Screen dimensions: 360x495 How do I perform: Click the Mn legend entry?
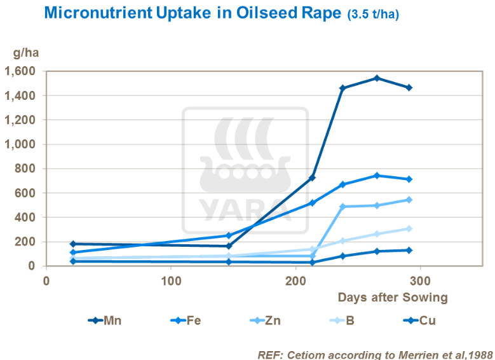coord(105,321)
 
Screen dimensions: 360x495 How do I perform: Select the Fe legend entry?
coord(185,321)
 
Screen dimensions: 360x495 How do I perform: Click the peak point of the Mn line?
coord(377,78)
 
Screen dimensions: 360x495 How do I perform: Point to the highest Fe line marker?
coord(377,176)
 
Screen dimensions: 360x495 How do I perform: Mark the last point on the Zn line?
coord(409,200)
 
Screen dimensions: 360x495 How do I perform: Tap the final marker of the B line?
coord(409,228)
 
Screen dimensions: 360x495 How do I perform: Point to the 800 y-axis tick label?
coord(28,169)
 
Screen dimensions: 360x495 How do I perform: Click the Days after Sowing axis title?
coord(393,297)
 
